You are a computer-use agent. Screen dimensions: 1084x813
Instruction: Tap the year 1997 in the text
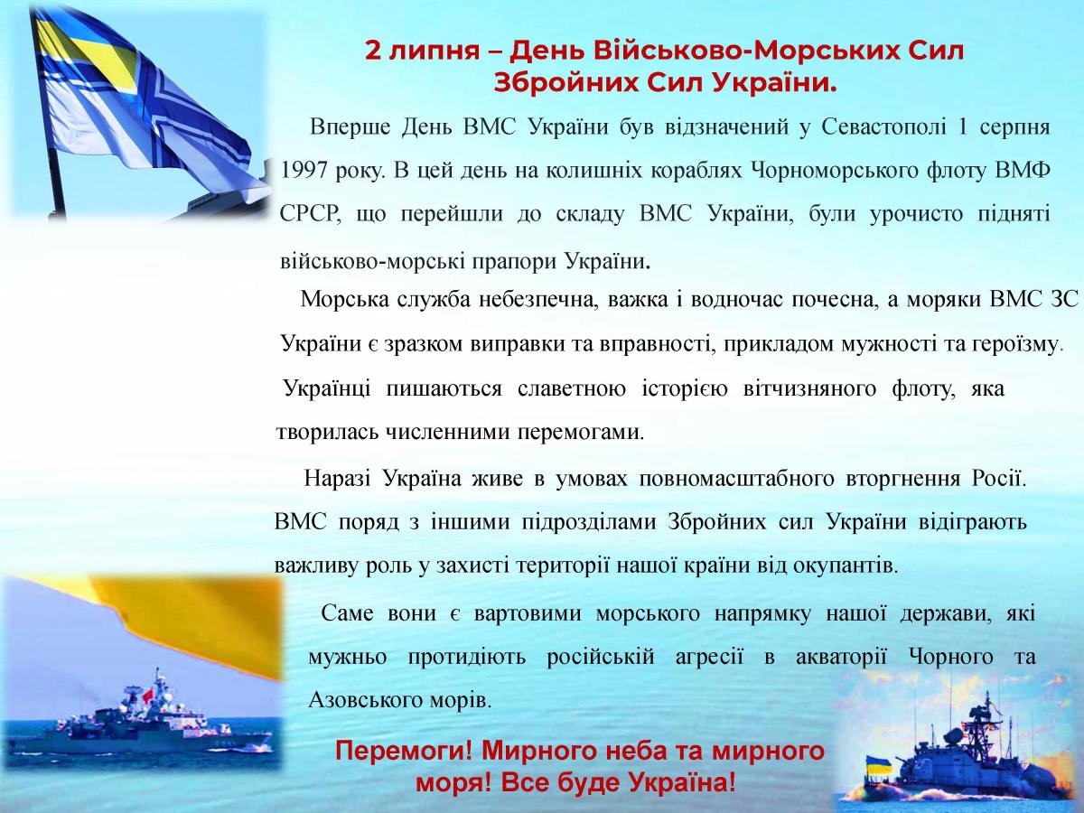(x=304, y=171)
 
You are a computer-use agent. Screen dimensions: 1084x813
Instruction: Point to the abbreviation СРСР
(x=310, y=215)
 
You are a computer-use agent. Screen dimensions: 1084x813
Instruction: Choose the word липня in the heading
(x=435, y=51)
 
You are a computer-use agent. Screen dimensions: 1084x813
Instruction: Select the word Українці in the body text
(x=327, y=388)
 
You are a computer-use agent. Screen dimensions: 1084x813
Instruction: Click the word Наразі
(x=337, y=479)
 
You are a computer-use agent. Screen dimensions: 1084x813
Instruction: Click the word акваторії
(x=841, y=658)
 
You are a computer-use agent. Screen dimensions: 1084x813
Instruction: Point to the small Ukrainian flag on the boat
(x=878, y=764)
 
